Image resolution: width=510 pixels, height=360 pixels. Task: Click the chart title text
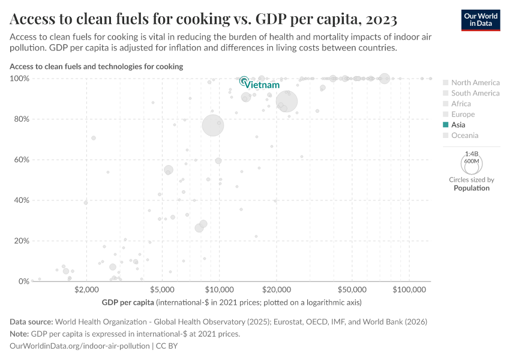click(x=203, y=20)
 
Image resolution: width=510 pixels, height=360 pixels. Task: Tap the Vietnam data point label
click(x=263, y=85)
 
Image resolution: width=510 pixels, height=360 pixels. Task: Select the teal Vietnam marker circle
click(x=244, y=80)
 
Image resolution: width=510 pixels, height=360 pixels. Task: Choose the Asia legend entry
click(x=458, y=125)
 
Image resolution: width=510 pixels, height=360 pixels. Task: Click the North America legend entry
click(x=475, y=82)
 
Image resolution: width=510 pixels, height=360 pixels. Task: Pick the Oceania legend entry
click(x=464, y=136)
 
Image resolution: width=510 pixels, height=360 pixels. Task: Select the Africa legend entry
click(x=461, y=104)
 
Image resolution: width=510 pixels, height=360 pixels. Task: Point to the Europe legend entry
click(x=463, y=114)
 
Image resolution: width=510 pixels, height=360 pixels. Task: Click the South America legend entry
click(x=475, y=93)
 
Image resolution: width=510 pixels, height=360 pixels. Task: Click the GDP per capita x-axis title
click(x=128, y=302)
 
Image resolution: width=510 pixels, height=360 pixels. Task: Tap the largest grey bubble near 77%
click(x=212, y=125)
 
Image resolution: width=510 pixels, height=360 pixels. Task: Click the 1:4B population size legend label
click(x=472, y=154)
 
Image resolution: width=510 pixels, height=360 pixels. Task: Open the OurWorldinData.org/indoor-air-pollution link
click(x=80, y=346)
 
